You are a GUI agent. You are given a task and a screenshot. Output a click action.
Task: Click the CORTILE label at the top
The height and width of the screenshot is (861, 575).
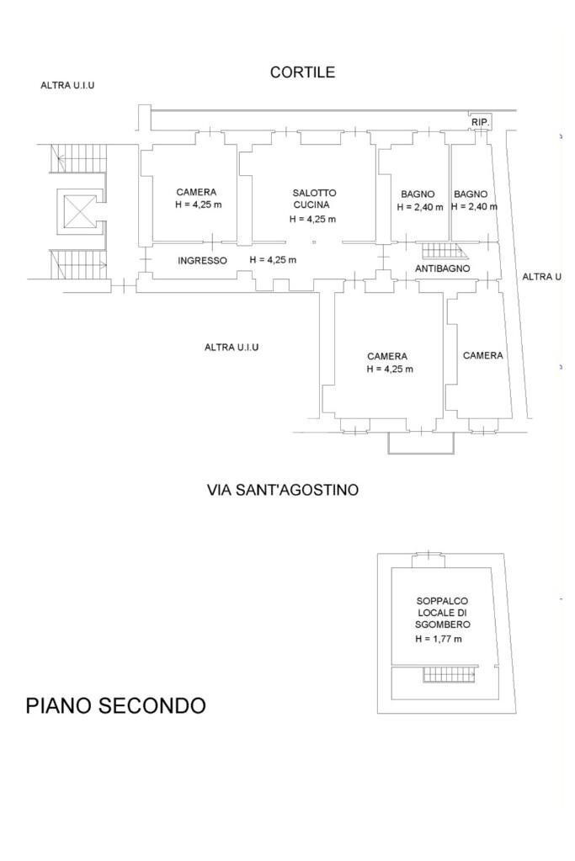(302, 72)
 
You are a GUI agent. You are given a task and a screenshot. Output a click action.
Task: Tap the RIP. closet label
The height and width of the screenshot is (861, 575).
(480, 123)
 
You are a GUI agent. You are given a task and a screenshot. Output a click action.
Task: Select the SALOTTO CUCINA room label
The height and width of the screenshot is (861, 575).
(314, 199)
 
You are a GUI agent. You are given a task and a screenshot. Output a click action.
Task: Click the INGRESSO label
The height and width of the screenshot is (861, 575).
(202, 261)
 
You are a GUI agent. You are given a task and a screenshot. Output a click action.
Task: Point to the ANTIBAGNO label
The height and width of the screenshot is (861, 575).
(442, 268)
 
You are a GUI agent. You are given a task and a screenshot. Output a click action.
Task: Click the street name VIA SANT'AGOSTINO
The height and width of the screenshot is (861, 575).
(282, 490)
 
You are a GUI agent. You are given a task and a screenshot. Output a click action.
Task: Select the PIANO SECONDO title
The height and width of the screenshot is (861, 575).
(115, 705)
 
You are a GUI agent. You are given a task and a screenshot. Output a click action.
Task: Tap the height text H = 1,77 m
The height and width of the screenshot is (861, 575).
(439, 640)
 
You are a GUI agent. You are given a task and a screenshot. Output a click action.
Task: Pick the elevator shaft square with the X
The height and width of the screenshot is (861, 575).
(81, 210)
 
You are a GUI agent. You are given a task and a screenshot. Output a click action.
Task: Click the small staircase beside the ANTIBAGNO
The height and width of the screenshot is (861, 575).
(444, 251)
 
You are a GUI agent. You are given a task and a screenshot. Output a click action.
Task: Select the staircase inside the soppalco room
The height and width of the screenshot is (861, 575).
(450, 674)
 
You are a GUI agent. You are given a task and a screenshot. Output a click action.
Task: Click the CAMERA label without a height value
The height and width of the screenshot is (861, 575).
(483, 356)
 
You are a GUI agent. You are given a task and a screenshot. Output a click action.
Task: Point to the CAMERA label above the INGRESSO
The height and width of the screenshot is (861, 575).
(196, 192)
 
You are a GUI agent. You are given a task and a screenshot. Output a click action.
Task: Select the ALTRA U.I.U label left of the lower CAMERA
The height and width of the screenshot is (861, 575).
(232, 348)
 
